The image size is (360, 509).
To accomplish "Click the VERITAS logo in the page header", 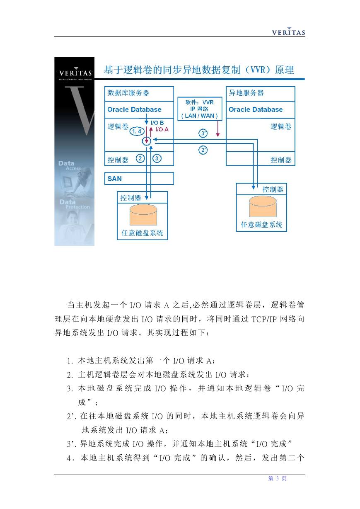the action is point(288,31).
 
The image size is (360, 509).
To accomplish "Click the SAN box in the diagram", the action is point(139,179).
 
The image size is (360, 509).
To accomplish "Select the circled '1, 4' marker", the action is point(137,131).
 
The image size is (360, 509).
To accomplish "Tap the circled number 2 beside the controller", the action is point(140,158).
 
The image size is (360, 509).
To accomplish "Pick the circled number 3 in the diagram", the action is point(157,158).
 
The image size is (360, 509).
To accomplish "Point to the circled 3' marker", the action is point(203,133).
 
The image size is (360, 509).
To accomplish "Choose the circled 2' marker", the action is point(203,150).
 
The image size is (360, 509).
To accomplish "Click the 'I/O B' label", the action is point(157,123).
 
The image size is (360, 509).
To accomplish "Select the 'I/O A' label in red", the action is point(162,129).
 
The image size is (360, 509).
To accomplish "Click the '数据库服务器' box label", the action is point(128,93).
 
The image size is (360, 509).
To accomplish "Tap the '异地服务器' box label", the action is point(246,93).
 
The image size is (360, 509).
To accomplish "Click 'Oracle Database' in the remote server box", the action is point(256,109).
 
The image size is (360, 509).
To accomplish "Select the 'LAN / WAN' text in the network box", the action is point(199,116).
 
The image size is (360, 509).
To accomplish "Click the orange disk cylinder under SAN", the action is point(143,215).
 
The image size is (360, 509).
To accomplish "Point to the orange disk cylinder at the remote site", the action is point(263,206).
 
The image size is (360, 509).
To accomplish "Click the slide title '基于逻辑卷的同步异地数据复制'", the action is point(172,70).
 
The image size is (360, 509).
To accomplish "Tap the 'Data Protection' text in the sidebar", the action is point(75,204).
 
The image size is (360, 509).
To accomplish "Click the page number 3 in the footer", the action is point(277,478).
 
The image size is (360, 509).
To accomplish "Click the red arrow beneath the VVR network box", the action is point(217,128).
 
